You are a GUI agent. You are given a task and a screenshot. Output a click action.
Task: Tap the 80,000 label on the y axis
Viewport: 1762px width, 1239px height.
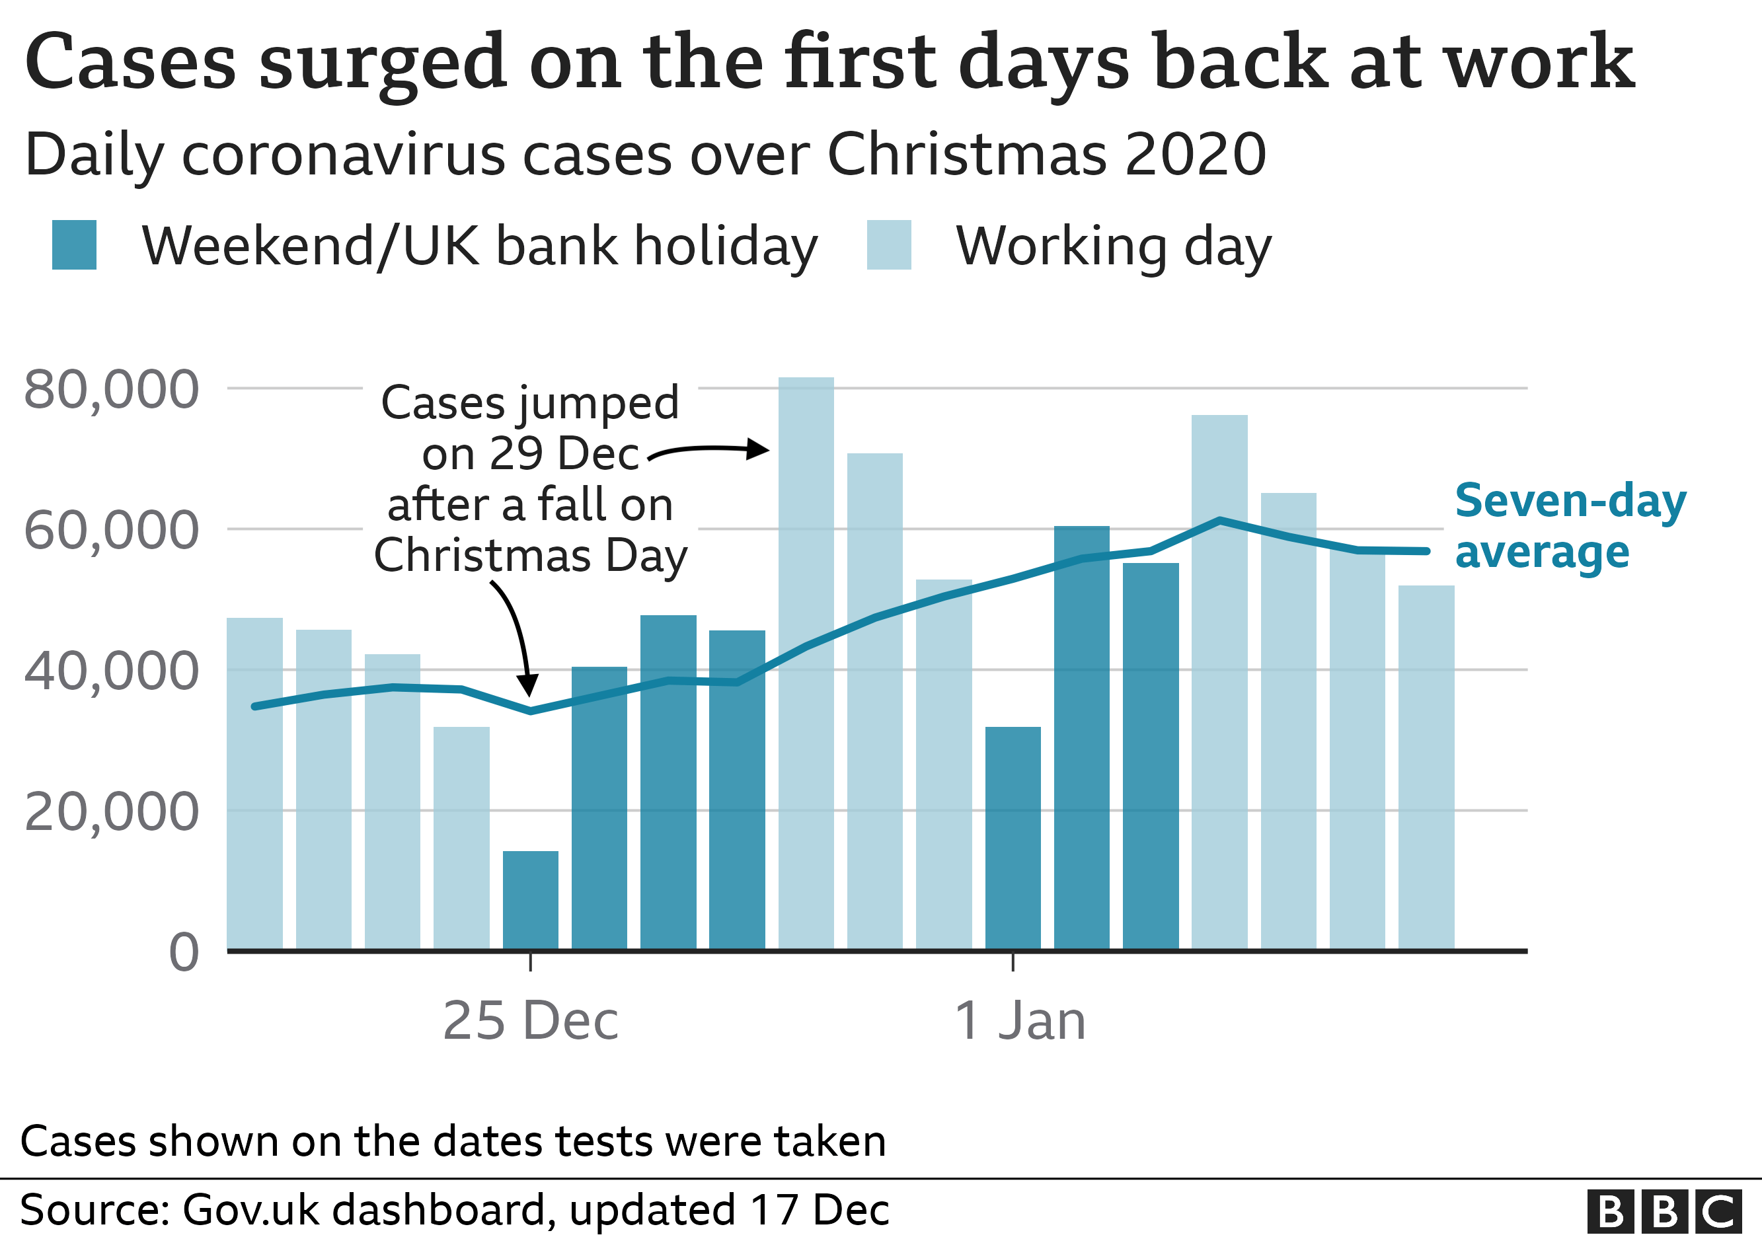111,390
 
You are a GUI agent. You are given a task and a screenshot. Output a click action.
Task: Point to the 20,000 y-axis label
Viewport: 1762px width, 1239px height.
111,811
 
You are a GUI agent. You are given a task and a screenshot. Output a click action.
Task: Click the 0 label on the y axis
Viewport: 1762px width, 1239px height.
184,953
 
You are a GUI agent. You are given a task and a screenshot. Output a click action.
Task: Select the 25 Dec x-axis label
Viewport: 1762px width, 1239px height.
530,1021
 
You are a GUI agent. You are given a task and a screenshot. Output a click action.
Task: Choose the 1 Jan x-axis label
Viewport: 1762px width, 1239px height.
1020,1021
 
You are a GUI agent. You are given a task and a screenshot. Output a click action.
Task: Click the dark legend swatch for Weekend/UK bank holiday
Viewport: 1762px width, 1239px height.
75,244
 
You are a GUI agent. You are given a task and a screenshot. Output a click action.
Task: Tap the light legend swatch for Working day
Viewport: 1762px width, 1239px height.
889,244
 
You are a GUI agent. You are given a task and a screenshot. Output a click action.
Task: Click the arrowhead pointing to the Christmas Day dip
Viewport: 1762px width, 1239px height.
528,685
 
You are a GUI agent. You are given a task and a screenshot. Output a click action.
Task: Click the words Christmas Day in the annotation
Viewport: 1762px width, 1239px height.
530,556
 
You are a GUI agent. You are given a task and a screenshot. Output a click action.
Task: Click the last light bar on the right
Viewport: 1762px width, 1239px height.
1426,767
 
